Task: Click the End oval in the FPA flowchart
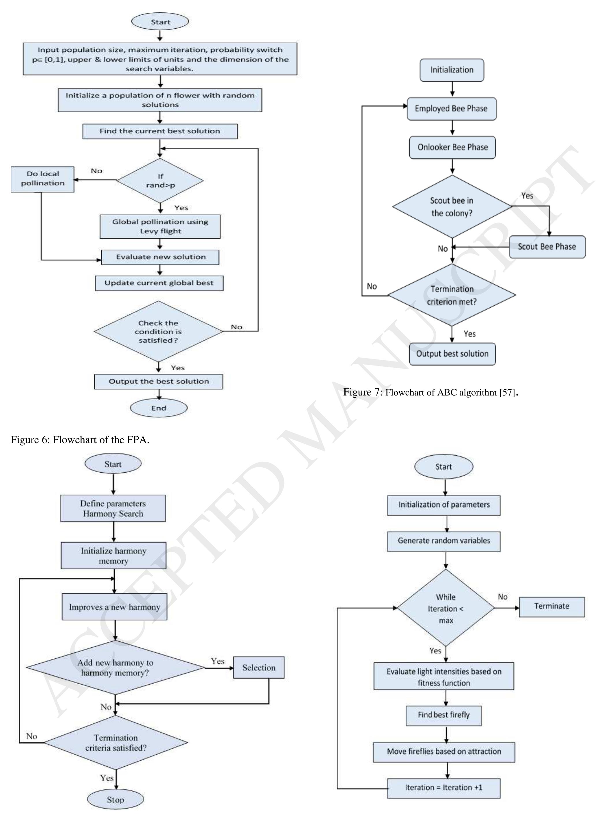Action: tap(158, 408)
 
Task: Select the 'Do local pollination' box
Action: tap(42, 179)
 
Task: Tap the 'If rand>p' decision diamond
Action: tap(160, 181)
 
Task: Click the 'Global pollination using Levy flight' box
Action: tap(160, 226)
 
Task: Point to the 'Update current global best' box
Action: tap(159, 283)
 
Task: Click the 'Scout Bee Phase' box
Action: tap(547, 247)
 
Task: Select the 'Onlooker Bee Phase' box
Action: tap(452, 147)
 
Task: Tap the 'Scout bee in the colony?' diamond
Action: tap(452, 207)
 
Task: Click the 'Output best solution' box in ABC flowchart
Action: tap(452, 354)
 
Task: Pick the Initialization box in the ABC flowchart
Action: tap(452, 70)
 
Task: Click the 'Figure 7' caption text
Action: tap(431, 393)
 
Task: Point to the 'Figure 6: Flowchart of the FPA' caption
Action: tap(80, 440)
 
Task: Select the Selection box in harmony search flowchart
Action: tap(259, 668)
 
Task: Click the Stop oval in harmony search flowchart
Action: tap(115, 800)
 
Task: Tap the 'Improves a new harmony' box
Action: tap(114, 607)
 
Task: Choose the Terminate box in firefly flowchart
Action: tap(552, 606)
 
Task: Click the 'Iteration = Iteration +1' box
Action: tap(443, 788)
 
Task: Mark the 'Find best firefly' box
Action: tap(443, 715)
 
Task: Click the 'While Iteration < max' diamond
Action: tap(446, 608)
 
